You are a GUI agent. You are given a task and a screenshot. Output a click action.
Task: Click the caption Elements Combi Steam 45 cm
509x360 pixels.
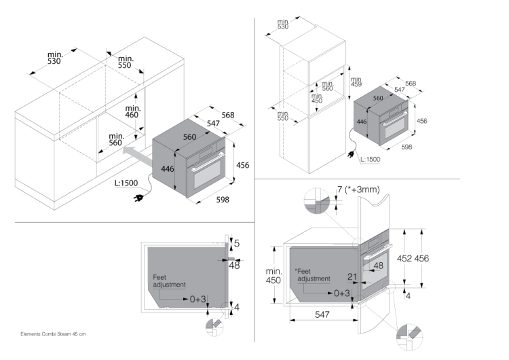[x=53, y=334]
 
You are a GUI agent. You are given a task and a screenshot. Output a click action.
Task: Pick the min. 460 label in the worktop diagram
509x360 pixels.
[x=133, y=111]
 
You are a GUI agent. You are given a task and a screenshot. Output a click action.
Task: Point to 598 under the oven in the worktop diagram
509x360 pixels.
[x=222, y=199]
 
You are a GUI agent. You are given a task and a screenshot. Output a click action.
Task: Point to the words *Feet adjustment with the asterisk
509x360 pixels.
[x=312, y=274]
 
